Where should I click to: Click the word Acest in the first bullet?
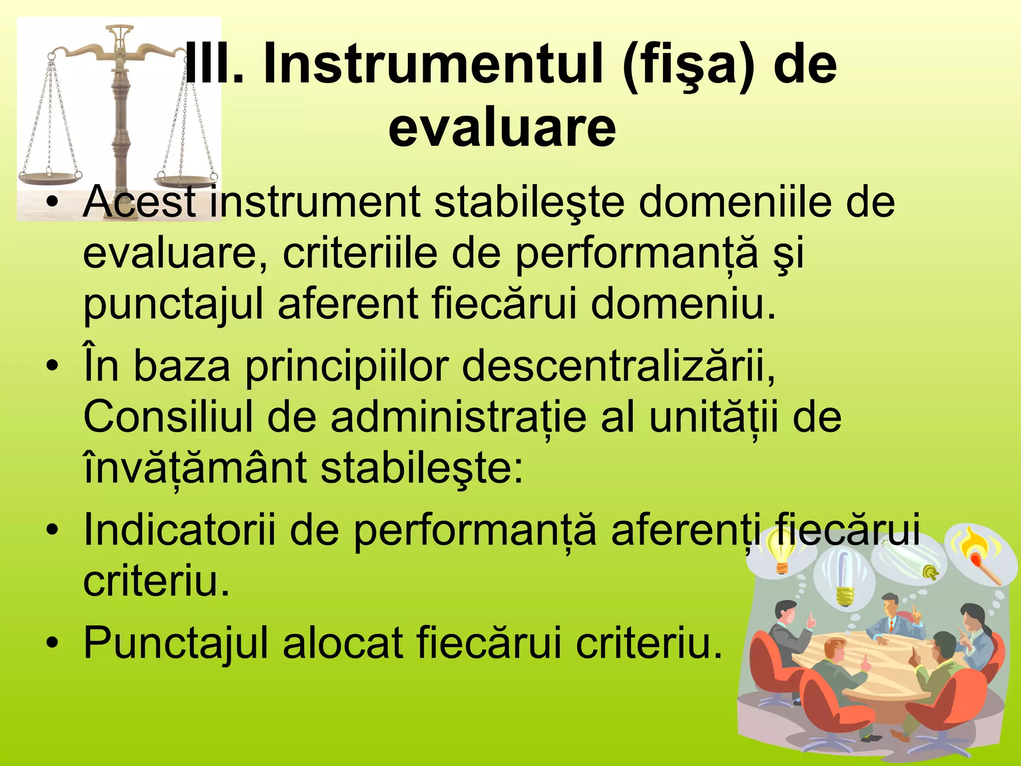pos(140,202)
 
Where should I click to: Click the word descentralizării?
pos(618,367)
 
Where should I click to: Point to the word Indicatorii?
pos(179,530)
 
